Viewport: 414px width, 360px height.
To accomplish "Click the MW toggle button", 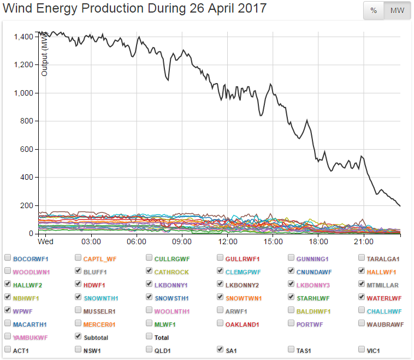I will [397, 10].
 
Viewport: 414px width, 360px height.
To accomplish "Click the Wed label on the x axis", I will [45, 241].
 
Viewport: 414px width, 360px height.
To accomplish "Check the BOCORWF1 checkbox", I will [8, 258].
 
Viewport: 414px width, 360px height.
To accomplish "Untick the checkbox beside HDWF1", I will [79, 284].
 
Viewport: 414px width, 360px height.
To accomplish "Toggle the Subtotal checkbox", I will [79, 337].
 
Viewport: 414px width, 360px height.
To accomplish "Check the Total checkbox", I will [150, 337].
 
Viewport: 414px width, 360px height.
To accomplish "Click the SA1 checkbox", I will [221, 350].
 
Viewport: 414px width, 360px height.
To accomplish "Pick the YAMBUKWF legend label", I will [31, 338].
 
